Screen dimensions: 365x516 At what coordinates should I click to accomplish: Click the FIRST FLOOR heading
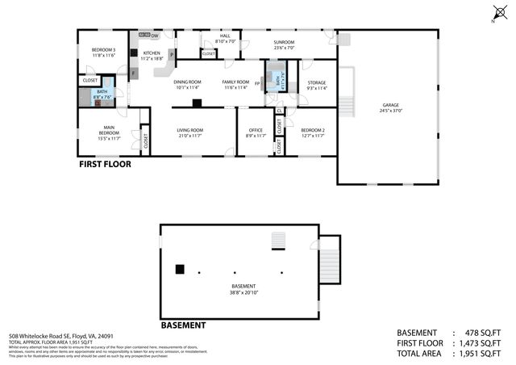(105, 164)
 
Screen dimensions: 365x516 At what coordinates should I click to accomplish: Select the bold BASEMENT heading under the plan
(183, 325)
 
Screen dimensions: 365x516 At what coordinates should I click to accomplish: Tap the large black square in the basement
(181, 270)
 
